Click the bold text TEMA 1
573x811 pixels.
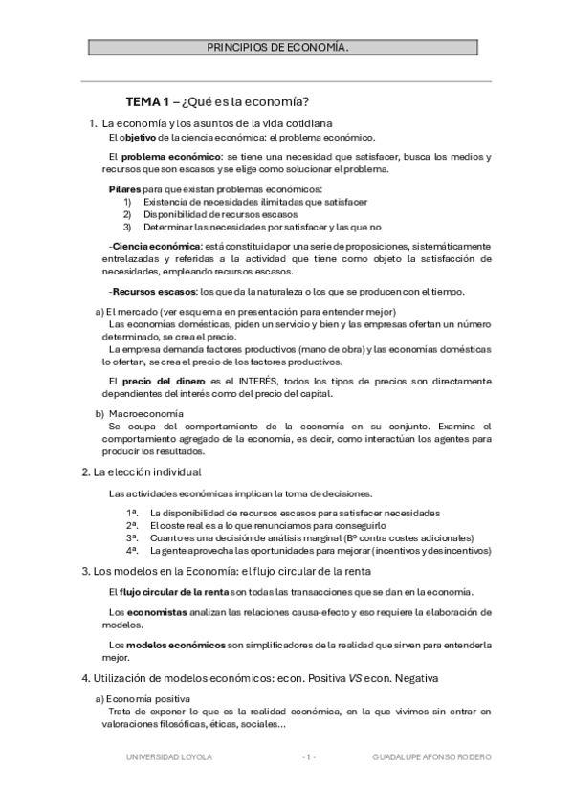click(x=146, y=102)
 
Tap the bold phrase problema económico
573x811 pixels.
click(x=171, y=156)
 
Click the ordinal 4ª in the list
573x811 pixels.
click(x=132, y=551)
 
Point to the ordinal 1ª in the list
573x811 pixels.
click(x=132, y=513)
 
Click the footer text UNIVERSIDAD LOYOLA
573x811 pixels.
click(x=169, y=756)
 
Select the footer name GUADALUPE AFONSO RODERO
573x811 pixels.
click(x=431, y=756)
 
